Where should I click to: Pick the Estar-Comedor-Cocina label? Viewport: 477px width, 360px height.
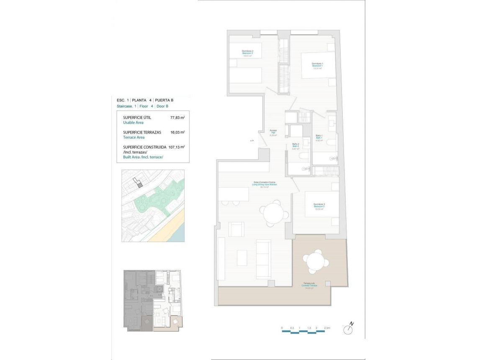click(x=264, y=185)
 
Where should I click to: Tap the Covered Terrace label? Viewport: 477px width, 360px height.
click(x=310, y=286)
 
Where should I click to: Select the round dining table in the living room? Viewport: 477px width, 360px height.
click(x=274, y=212)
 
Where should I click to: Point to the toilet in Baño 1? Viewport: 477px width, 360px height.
click(x=331, y=142)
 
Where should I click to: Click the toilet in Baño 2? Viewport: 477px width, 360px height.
click(x=304, y=156)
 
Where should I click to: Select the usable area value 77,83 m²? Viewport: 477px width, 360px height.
click(x=177, y=118)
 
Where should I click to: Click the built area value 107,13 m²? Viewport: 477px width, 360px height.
click(x=177, y=147)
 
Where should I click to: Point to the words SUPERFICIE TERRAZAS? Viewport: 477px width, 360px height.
click(x=143, y=132)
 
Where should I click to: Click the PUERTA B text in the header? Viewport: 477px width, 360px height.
click(x=164, y=100)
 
